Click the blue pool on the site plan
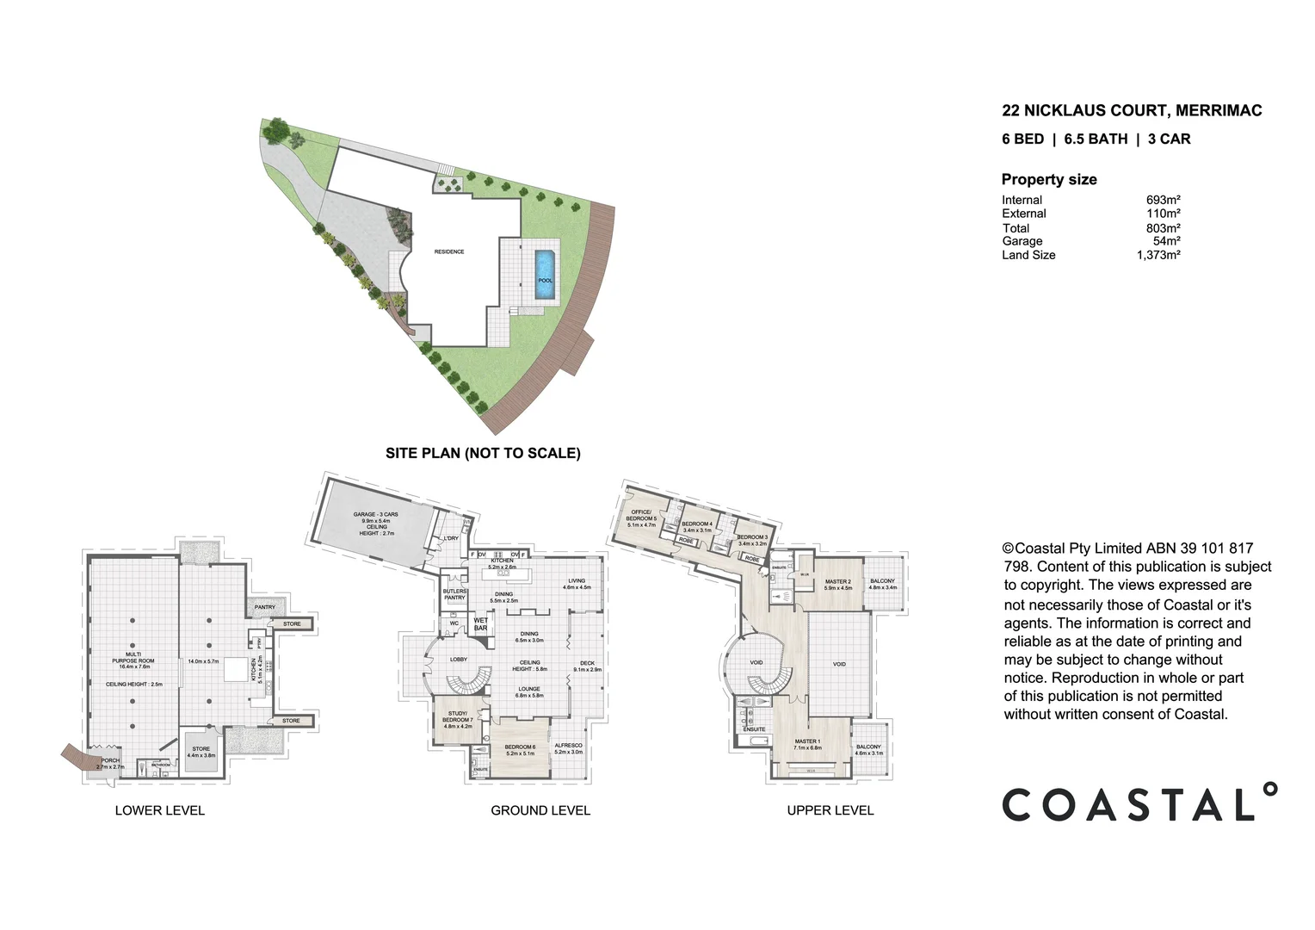[x=545, y=275]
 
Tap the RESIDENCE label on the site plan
[x=449, y=251]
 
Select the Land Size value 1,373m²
[x=1158, y=255]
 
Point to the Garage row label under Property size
[x=1022, y=241]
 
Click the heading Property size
[x=1048, y=179]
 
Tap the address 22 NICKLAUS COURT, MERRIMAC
[x=1131, y=110]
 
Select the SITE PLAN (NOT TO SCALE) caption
[x=483, y=453]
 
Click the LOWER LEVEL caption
[x=160, y=810]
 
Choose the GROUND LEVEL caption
[x=540, y=810]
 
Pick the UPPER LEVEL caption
[x=830, y=810]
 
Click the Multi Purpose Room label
[x=133, y=660]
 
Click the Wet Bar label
[x=480, y=623]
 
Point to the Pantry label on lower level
[x=265, y=607]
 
